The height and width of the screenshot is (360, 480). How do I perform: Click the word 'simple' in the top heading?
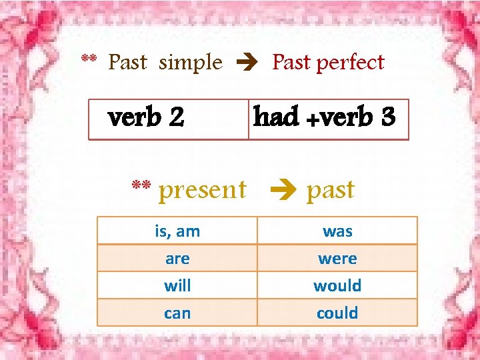click(191, 63)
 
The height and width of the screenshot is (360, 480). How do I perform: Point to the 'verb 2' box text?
click(146, 118)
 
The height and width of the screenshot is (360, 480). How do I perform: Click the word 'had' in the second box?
click(276, 117)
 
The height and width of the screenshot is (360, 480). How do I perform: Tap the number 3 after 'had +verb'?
click(389, 117)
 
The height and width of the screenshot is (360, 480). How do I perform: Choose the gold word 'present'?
click(203, 190)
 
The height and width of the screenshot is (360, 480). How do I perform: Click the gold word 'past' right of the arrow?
click(331, 191)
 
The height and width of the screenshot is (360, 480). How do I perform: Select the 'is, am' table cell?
click(177, 231)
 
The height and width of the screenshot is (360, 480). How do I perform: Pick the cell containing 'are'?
click(177, 259)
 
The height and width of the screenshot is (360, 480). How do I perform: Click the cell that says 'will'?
click(177, 286)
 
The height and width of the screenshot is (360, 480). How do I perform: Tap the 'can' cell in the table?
click(177, 313)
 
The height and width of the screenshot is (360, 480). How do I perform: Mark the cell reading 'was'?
click(337, 231)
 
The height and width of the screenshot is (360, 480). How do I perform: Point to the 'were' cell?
click(337, 259)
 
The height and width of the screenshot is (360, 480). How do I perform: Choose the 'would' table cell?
click(337, 286)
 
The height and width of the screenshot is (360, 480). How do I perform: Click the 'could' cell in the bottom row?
click(337, 313)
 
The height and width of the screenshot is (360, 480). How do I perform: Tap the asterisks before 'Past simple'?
click(89, 60)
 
